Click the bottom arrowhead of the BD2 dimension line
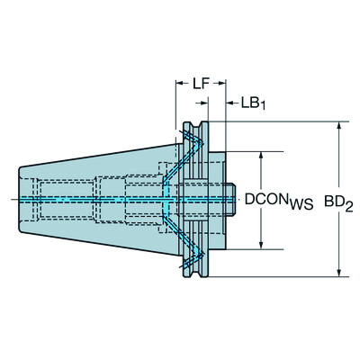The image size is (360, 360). tap(339, 271)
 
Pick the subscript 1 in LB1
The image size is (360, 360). tap(263, 106)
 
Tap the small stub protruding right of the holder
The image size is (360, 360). tap(231, 199)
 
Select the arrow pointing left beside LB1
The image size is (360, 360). tap(230, 102)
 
